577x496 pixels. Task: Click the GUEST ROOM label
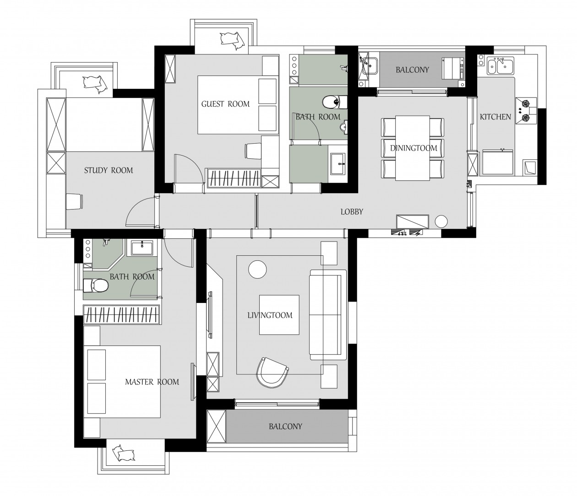click(225, 104)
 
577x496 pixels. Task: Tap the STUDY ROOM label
click(109, 170)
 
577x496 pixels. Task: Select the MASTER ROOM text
click(152, 382)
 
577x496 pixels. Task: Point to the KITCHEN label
click(495, 117)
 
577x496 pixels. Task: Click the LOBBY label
click(352, 212)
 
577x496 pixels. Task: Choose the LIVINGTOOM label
click(270, 315)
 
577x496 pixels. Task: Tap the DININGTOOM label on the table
click(414, 148)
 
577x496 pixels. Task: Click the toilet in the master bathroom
click(96, 286)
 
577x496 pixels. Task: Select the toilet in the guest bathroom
click(334, 102)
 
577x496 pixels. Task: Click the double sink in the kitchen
click(501, 66)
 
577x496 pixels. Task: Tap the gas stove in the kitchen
click(526, 110)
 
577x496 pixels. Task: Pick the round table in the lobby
click(441, 221)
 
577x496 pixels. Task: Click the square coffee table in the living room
click(279, 315)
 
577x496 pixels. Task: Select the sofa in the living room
click(328, 315)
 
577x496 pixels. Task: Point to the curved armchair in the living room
click(272, 372)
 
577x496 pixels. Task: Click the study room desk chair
click(74, 201)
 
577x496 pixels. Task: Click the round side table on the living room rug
click(257, 269)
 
